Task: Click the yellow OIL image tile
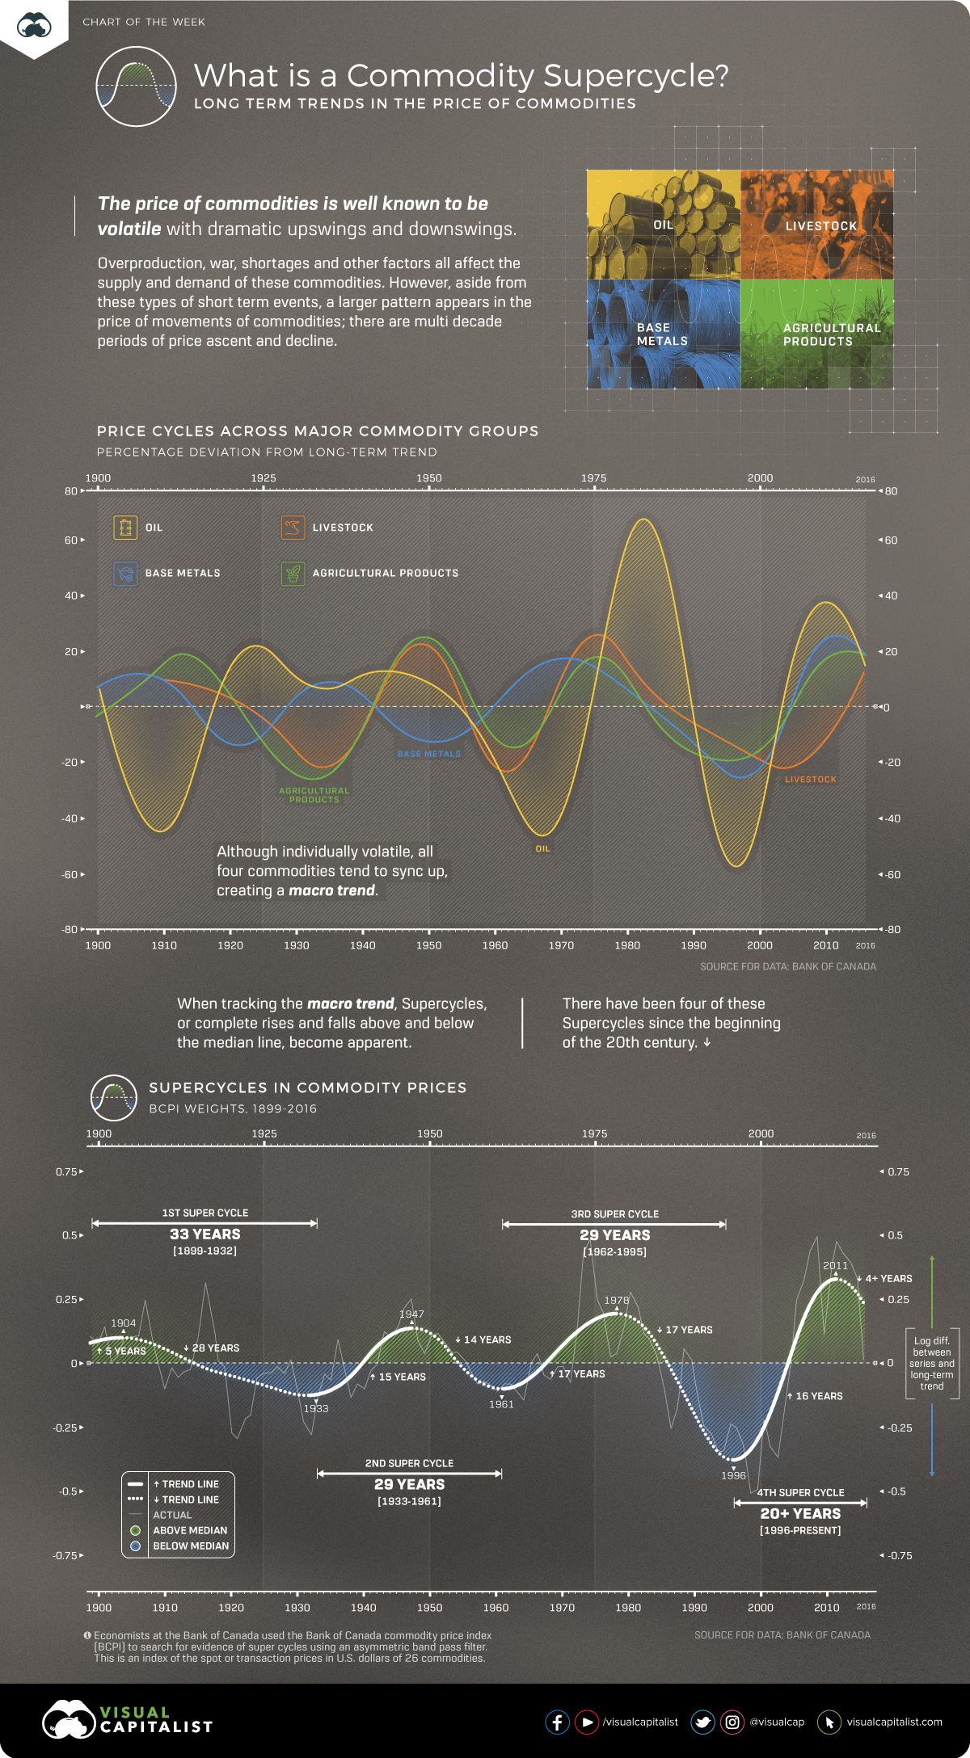click(663, 225)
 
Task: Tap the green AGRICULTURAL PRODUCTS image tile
click(817, 334)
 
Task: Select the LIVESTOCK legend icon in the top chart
click(292, 528)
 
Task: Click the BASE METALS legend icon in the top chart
click(125, 573)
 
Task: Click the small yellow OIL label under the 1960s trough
click(542, 848)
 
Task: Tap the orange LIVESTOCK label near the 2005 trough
click(810, 779)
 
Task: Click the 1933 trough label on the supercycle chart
click(315, 1408)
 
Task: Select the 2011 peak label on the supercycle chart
click(835, 1265)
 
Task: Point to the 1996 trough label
click(733, 1474)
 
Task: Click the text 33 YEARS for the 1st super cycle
click(205, 1234)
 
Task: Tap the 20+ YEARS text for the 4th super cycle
click(800, 1513)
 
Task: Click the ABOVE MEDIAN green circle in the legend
click(136, 1530)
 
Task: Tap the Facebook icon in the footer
click(557, 1722)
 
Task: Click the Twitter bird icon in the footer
click(702, 1722)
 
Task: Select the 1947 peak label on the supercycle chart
click(411, 1314)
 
